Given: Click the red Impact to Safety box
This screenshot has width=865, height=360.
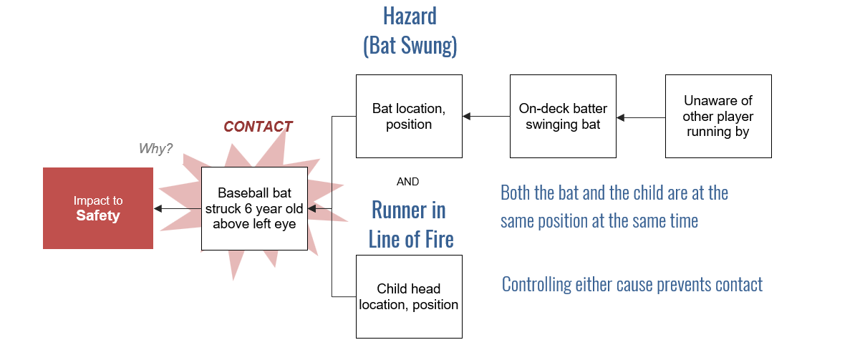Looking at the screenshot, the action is tap(98, 208).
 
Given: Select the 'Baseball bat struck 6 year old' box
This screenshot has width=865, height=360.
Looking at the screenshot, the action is tap(254, 208).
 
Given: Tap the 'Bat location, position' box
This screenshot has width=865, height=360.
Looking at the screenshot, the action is tap(409, 116).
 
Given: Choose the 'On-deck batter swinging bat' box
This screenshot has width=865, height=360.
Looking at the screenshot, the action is tap(563, 116).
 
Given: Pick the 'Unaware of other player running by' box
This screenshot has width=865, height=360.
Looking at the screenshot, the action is tap(718, 116).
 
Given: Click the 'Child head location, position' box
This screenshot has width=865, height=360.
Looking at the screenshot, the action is tap(409, 297).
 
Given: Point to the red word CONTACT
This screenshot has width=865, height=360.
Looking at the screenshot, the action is tap(258, 127).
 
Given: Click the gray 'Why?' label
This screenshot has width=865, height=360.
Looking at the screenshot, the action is tap(155, 148).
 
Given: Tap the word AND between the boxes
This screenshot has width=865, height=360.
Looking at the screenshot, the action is tap(407, 181).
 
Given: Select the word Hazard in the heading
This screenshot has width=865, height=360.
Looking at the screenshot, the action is tap(410, 16).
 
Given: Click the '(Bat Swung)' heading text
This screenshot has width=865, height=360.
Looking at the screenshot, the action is tap(410, 46).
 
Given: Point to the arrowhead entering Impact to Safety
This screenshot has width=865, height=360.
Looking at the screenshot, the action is tap(158, 208).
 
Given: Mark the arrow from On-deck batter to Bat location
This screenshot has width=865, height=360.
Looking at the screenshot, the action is tap(486, 116).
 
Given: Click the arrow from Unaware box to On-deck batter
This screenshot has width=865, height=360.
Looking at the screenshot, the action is tap(641, 117).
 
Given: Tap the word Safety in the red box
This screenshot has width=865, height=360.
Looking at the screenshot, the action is tap(98, 215).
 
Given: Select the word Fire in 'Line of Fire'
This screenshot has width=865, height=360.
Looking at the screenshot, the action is tap(439, 239).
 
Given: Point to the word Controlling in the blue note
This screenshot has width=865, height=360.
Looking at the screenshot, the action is tap(537, 284).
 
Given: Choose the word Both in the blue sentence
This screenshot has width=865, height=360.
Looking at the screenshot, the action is tap(516, 193).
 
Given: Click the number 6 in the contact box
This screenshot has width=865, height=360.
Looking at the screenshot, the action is tap(248, 208).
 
